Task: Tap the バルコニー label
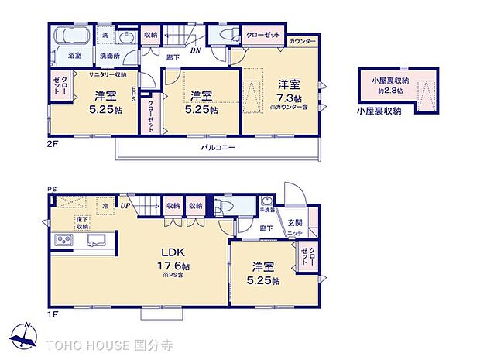tap(218, 146)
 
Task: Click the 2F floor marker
tap(53, 142)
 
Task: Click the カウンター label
tap(303, 39)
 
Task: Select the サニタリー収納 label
tap(108, 74)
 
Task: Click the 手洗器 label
tap(268, 209)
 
